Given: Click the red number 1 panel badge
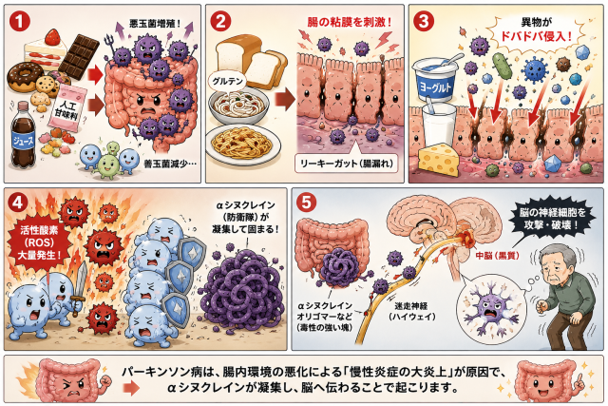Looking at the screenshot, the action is coord(19,21).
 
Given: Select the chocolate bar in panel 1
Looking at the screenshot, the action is coord(79,54).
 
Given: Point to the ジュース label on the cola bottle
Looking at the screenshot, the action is coord(23,140).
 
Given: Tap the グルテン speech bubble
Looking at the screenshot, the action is coord(228,81).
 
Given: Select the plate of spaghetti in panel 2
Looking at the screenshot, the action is coord(242,144).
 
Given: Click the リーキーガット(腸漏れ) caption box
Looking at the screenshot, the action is coord(347,164).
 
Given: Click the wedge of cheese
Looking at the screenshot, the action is coord(438,159).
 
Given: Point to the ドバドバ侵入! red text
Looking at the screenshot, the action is coord(537,36).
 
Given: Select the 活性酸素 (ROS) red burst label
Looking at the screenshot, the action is coord(39,242).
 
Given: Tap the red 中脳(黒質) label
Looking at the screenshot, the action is coord(497,256).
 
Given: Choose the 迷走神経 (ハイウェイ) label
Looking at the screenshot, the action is coord(411,311).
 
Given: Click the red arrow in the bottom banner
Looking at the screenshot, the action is coord(132,387).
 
